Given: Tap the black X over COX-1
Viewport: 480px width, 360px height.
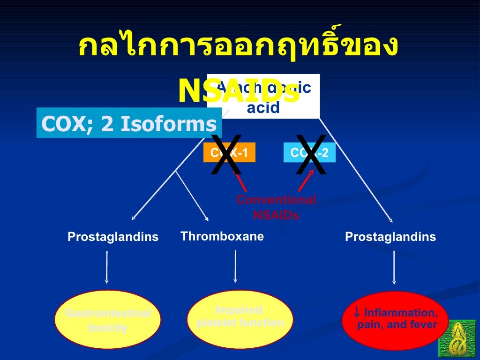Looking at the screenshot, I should pyautogui.click(x=226, y=155).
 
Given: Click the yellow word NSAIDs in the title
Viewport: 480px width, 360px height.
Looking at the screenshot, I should pyautogui.click(x=239, y=91).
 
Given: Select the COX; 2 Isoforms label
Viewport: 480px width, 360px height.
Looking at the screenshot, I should pyautogui.click(x=129, y=124).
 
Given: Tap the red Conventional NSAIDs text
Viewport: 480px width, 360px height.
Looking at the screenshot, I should pyautogui.click(x=276, y=208).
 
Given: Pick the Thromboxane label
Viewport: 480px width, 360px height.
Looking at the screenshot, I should pyautogui.click(x=222, y=236).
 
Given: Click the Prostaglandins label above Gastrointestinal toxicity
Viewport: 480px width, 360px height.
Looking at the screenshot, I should pyautogui.click(x=113, y=237).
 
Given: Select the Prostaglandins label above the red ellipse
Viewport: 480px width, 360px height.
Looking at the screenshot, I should pyautogui.click(x=390, y=237).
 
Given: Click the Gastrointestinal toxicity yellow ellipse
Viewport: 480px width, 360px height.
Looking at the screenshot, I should pyautogui.click(x=108, y=320).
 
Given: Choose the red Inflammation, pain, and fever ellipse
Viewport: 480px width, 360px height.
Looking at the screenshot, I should pyautogui.click(x=395, y=320).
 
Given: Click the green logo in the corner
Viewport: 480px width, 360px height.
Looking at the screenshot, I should pyautogui.click(x=457, y=338).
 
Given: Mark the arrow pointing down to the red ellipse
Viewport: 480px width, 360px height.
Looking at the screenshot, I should pyautogui.click(x=394, y=267).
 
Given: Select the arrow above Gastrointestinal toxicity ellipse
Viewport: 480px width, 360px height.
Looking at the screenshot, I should pyautogui.click(x=107, y=267).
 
